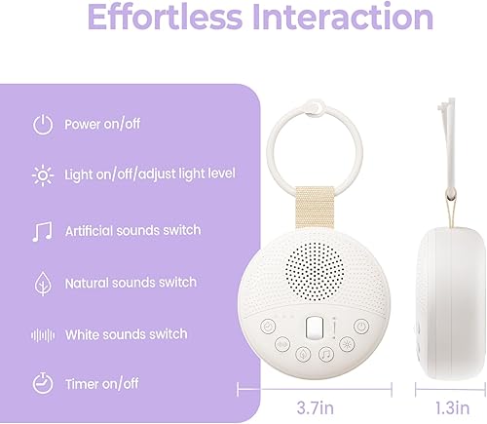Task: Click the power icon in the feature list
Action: tap(42, 125)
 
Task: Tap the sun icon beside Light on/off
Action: tap(42, 176)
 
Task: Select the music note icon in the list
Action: tap(42, 231)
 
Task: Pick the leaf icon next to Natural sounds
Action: tap(42, 284)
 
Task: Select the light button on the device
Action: tap(348, 344)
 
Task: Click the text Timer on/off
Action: tap(103, 382)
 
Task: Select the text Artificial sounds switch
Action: tap(132, 231)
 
